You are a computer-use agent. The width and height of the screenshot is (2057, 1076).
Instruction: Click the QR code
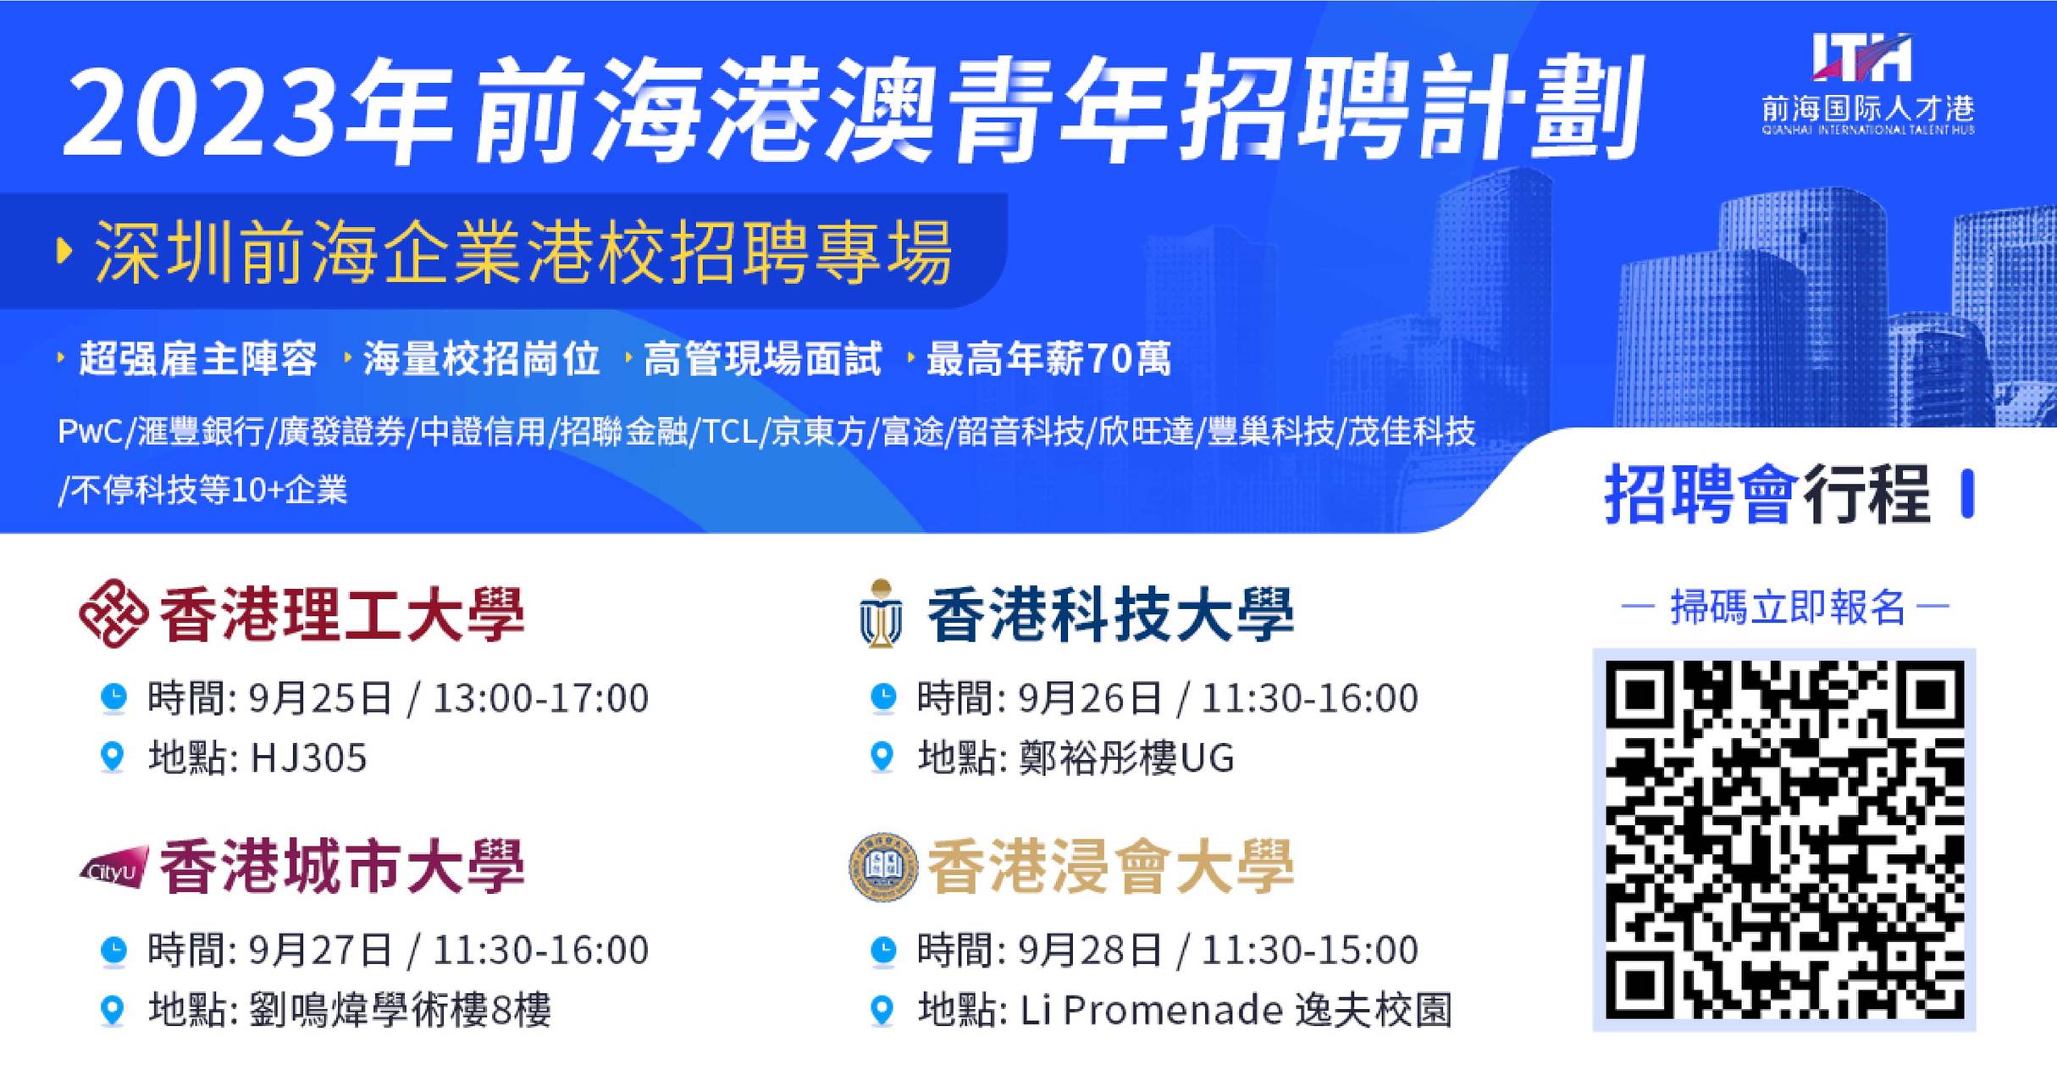[1784, 840]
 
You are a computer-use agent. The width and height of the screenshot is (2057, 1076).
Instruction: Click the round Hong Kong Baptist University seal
[883, 868]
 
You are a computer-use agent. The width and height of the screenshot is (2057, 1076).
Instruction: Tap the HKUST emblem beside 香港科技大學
[882, 613]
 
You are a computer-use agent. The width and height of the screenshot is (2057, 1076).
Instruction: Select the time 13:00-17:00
[540, 698]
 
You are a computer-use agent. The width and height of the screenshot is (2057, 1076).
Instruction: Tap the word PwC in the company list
[90, 432]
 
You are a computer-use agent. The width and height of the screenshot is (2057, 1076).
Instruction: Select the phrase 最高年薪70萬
[1049, 358]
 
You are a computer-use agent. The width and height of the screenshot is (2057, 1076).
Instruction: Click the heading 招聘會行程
[1767, 494]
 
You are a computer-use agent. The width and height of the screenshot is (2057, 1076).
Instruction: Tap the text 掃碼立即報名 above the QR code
[1788, 607]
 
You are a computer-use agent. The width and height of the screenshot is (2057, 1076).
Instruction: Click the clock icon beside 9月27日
[113, 951]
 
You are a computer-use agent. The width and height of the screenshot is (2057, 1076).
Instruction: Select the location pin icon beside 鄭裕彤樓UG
[882, 757]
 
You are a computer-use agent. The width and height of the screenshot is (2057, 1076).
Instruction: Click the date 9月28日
[1090, 951]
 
